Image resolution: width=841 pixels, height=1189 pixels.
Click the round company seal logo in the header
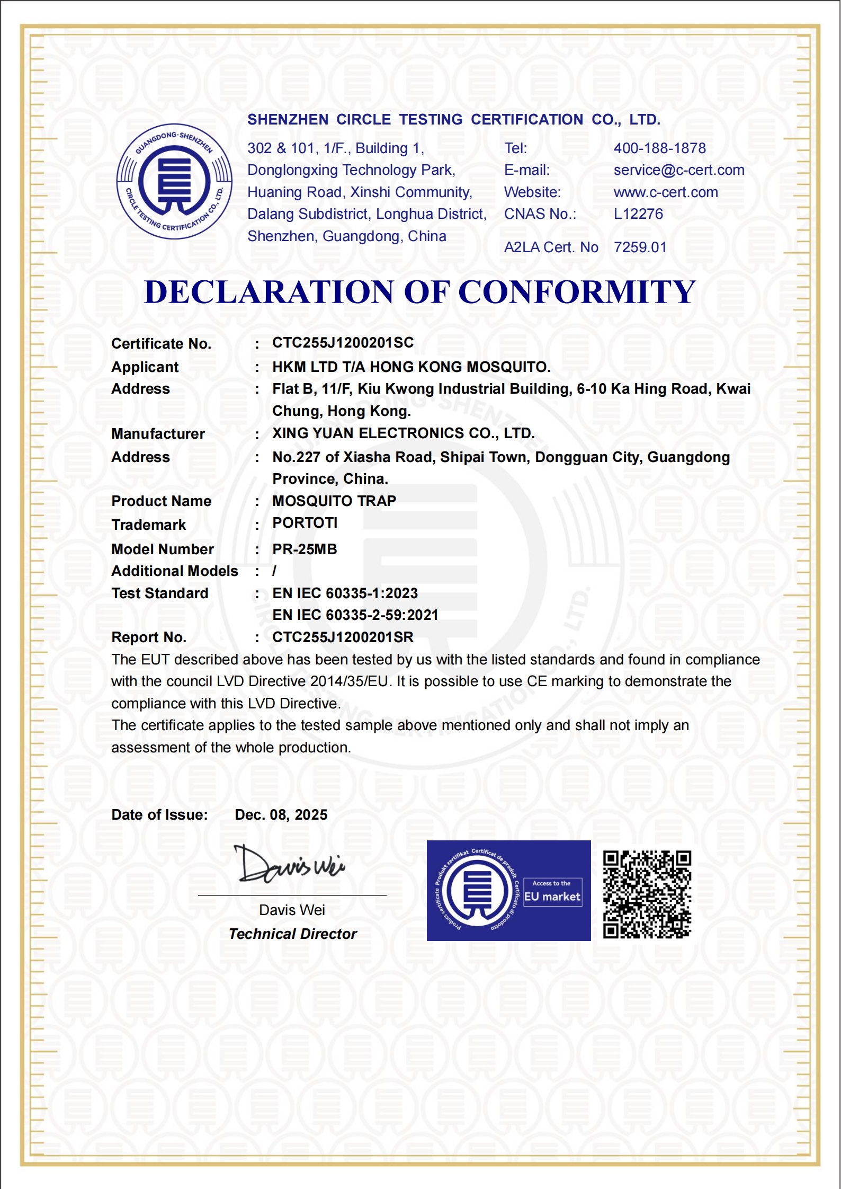[x=174, y=181]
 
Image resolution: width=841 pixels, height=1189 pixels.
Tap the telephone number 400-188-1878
[x=659, y=148]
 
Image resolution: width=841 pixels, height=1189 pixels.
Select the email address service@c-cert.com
[x=678, y=170]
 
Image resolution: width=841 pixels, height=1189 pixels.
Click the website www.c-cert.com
[x=665, y=192]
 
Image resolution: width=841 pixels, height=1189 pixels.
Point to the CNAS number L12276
[x=638, y=214]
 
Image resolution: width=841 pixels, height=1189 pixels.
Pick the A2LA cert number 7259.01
[x=640, y=247]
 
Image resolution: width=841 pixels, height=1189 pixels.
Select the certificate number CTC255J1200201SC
[x=343, y=343]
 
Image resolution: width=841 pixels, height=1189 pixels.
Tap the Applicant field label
[x=145, y=367]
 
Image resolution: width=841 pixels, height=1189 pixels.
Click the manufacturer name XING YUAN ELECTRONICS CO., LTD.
[x=403, y=433]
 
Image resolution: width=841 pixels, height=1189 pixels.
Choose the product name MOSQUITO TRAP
[x=334, y=501]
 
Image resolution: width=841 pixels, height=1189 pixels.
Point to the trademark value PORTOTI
[x=305, y=523]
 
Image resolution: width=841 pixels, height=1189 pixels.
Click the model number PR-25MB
[x=305, y=549]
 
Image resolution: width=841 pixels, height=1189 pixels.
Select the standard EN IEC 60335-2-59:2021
[x=355, y=615]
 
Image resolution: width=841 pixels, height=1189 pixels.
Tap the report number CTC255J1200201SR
[x=343, y=637]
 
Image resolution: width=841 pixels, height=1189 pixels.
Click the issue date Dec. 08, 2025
[x=281, y=815]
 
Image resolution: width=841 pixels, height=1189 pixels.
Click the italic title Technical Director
[x=292, y=934]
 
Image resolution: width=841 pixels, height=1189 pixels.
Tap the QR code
[x=647, y=894]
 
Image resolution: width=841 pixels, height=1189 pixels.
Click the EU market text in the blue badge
[x=552, y=897]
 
